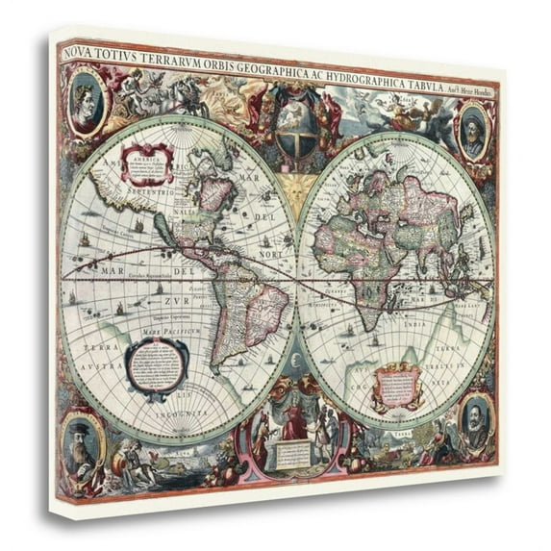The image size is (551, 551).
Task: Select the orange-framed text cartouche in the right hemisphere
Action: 396,384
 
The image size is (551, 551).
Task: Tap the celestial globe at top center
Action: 294,124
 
